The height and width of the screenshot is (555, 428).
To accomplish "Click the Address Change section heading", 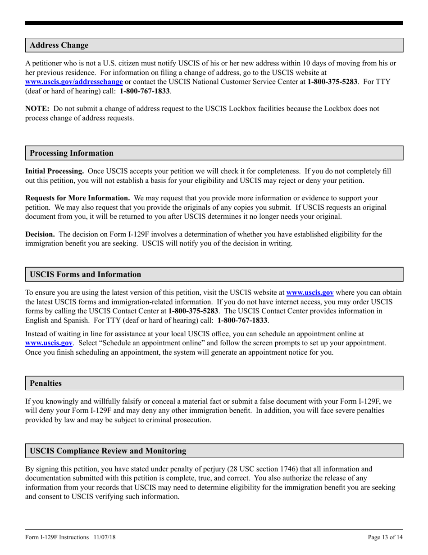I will click(x=59, y=45).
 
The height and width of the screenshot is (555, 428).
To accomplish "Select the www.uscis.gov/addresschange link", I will click(x=74, y=82).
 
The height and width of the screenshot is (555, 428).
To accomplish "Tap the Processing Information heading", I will click(x=72, y=153).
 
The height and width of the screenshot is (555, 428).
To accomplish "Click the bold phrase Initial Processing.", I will click(x=55, y=171).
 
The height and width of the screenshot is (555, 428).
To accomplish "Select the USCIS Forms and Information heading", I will click(x=85, y=274).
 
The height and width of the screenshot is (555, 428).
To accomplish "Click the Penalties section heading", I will click(x=46, y=383).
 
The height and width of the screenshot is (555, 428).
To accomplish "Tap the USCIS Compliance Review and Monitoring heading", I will click(x=108, y=451).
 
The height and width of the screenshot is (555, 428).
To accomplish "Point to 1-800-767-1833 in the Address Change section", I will click(x=145, y=91).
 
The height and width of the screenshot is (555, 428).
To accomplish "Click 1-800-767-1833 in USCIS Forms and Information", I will click(x=242, y=320).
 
